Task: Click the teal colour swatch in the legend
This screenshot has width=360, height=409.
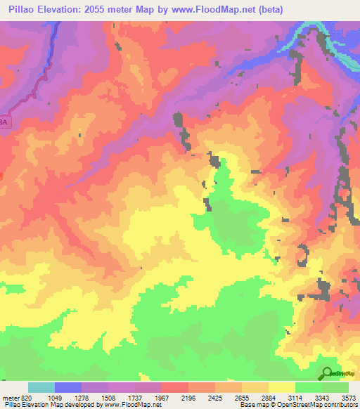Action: pos(41,388)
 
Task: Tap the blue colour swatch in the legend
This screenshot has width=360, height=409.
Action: pos(68,388)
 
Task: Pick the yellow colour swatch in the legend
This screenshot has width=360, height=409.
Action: pos(282,388)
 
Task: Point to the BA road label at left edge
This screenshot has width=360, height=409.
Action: pos(6,122)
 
